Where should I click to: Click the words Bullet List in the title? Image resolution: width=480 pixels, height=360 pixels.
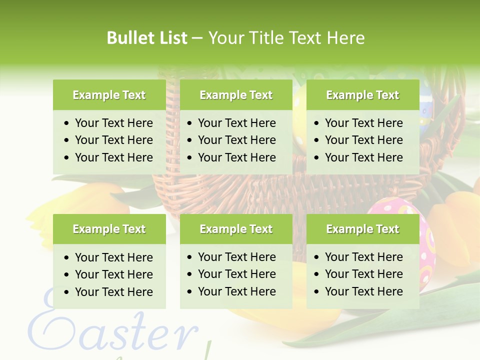pos(147,38)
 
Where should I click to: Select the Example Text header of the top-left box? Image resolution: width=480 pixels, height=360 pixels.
pos(109,95)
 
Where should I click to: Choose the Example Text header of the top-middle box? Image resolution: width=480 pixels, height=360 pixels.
pos(236,95)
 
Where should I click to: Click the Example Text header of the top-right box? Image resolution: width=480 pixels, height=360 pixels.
pos(362,95)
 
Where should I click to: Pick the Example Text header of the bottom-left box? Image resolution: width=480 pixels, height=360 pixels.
pos(109,229)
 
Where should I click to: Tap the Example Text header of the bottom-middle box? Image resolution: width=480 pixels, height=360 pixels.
pos(236,229)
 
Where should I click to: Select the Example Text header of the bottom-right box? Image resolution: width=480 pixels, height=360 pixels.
pos(362,229)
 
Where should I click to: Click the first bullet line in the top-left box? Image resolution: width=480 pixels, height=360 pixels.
pos(113,123)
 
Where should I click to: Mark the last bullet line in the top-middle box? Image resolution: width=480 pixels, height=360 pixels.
pos(236,157)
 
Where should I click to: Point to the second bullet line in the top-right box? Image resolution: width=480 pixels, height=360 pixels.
pos(363,140)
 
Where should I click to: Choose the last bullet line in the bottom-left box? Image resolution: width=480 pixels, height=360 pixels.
pos(113,292)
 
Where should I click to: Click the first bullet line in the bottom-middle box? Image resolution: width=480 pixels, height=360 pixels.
pos(236,257)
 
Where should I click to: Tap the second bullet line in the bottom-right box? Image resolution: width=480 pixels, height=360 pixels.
pos(363,274)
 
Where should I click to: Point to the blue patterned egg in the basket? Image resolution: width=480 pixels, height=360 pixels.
pos(425,107)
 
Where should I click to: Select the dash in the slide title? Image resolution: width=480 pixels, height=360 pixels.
pos(197,38)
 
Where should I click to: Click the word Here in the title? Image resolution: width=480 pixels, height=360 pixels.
pos(345,38)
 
